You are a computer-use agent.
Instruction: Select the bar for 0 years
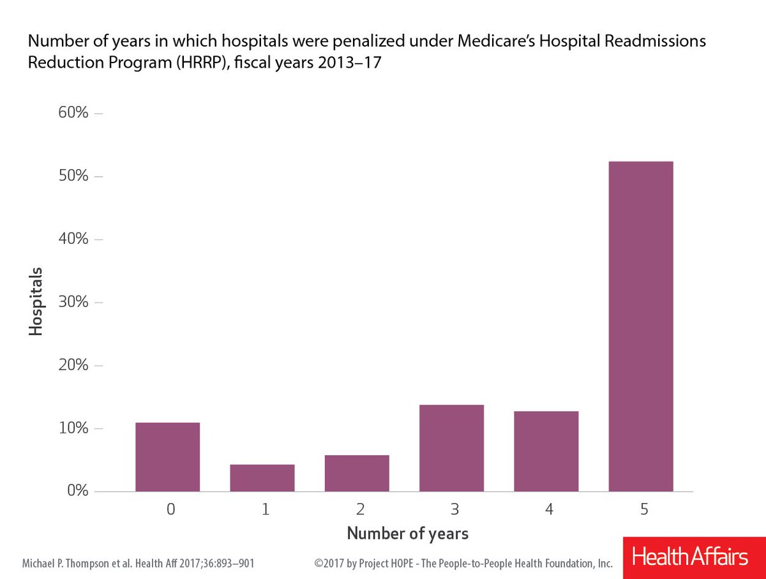pyautogui.click(x=168, y=457)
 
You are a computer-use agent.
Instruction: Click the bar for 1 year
pyautogui.click(x=262, y=478)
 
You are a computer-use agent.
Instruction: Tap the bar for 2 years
pyautogui.click(x=357, y=473)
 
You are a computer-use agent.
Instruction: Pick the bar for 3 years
pyautogui.click(x=451, y=448)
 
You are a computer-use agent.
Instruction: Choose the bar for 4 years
pyautogui.click(x=546, y=451)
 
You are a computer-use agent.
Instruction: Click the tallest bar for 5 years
pyautogui.click(x=640, y=326)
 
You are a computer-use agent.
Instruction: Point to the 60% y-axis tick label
pyautogui.click(x=73, y=114)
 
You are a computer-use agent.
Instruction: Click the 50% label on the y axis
pyautogui.click(x=73, y=176)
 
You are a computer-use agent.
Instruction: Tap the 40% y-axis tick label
pyautogui.click(x=73, y=239)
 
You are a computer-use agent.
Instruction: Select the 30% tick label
pyautogui.click(x=73, y=302)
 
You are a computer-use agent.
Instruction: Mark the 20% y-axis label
pyautogui.click(x=73, y=365)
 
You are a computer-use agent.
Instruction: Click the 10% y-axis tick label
pyautogui.click(x=73, y=428)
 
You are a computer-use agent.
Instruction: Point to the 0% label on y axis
pyautogui.click(x=77, y=491)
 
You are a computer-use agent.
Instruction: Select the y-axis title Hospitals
pyautogui.click(x=36, y=302)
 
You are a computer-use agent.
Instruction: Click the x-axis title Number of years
pyautogui.click(x=407, y=534)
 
